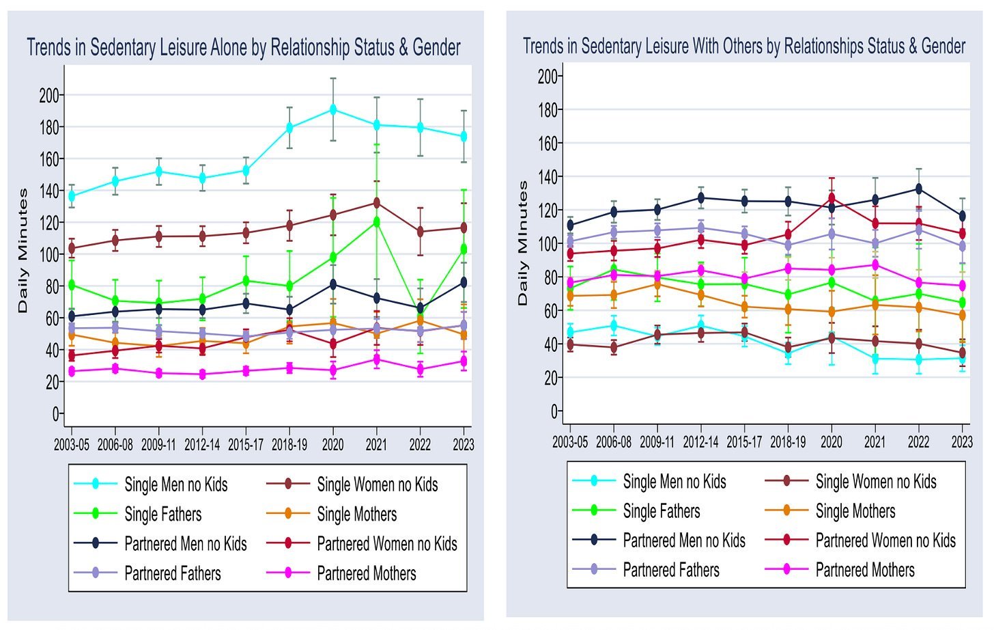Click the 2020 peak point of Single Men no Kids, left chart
[x=333, y=109]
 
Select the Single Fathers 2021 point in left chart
[x=376, y=222]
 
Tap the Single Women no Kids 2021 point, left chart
[x=376, y=203]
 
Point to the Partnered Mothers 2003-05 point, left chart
[x=72, y=371]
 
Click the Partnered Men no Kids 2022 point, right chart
[x=918, y=189]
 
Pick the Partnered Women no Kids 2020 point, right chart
[x=832, y=198]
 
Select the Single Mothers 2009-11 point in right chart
[x=657, y=284]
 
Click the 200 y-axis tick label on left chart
[x=49, y=95]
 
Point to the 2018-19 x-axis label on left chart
[x=289, y=445]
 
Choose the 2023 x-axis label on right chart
[x=962, y=442]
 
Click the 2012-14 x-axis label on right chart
[x=701, y=442]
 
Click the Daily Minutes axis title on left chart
[x=23, y=251]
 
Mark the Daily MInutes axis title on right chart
[x=523, y=243]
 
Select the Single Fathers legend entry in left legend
[x=162, y=514]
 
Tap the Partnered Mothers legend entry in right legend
[x=864, y=570]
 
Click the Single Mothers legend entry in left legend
[x=356, y=514]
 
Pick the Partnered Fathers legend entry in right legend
[x=670, y=570]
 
